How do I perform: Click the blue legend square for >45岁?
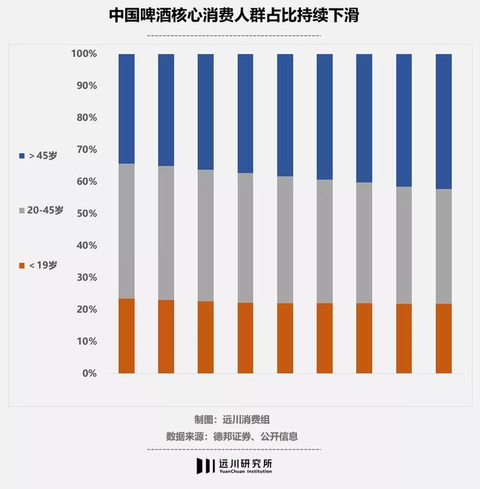point(22,156)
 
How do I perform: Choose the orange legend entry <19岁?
point(42,265)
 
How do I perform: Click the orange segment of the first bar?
point(127,335)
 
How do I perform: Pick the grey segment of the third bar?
point(205,235)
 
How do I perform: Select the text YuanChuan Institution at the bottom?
point(245,473)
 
